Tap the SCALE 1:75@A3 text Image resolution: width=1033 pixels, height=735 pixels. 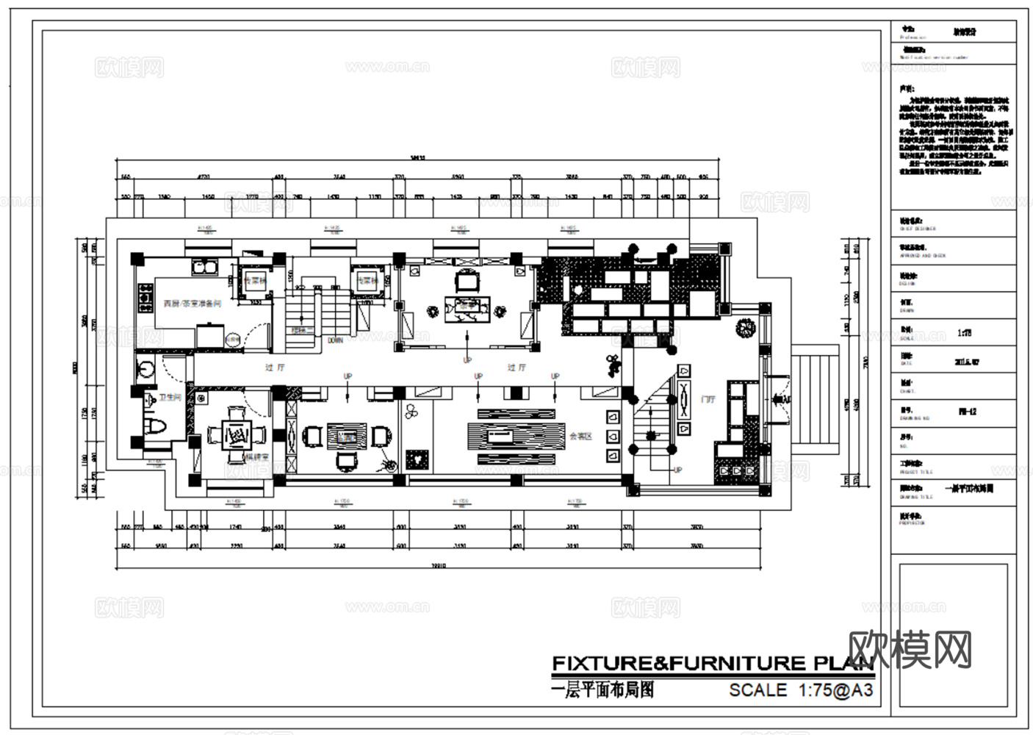coord(801,690)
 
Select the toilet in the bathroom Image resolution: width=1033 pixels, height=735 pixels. coord(157,426)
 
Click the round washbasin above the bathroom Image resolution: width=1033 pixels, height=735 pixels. coord(145,369)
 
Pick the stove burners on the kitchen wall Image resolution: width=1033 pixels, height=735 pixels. coord(140,298)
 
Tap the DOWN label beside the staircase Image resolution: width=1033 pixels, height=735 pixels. coord(335,341)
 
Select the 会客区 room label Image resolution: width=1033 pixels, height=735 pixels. coord(580,436)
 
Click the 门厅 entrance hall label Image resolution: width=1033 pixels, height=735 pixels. coord(708,399)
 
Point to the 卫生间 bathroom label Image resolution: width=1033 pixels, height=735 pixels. coord(170,398)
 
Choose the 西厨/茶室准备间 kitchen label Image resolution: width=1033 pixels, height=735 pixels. coord(192,304)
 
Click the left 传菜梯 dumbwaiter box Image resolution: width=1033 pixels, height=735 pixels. coord(254,281)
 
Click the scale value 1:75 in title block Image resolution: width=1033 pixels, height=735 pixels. coord(964,333)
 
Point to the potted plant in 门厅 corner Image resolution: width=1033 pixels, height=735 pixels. coord(746,326)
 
